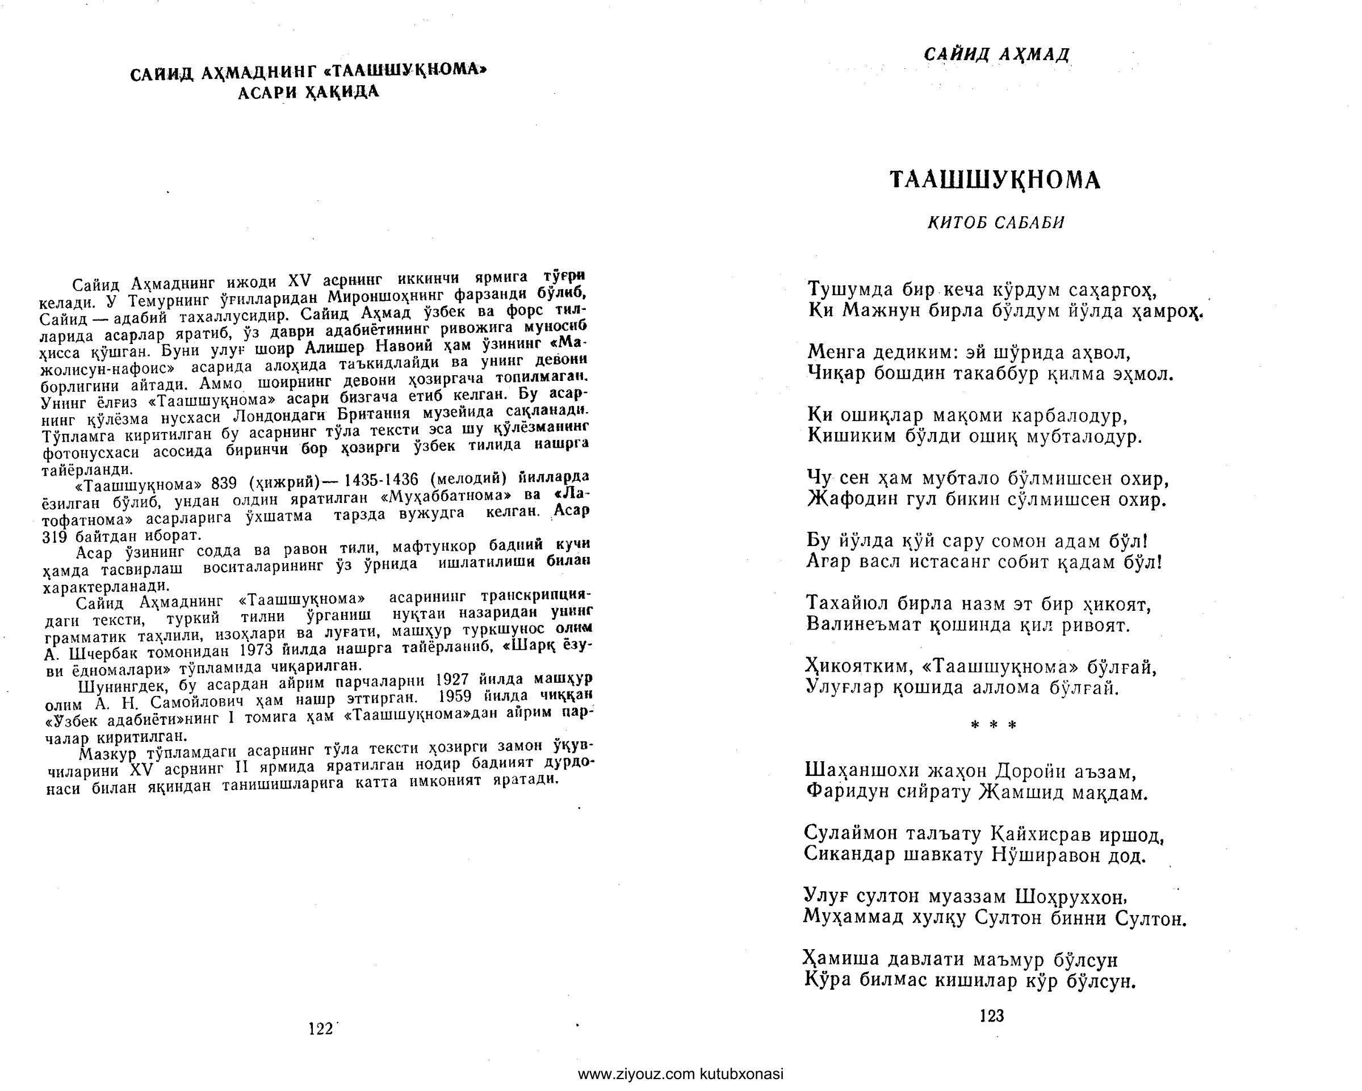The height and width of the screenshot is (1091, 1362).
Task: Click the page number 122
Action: pos(320,1029)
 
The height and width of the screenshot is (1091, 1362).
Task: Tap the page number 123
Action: pos(991,1016)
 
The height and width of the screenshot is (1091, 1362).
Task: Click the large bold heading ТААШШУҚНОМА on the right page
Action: pos(995,181)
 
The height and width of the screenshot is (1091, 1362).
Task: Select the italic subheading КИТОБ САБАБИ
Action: pos(996,223)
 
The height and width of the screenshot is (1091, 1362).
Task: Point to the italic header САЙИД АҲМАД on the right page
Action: pos(996,55)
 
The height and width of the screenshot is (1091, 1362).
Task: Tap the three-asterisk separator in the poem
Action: pos(994,726)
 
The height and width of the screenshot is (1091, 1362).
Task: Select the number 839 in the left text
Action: pos(224,484)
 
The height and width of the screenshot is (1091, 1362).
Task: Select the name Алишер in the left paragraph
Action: pos(335,348)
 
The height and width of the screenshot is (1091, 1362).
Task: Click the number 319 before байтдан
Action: pos(55,536)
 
